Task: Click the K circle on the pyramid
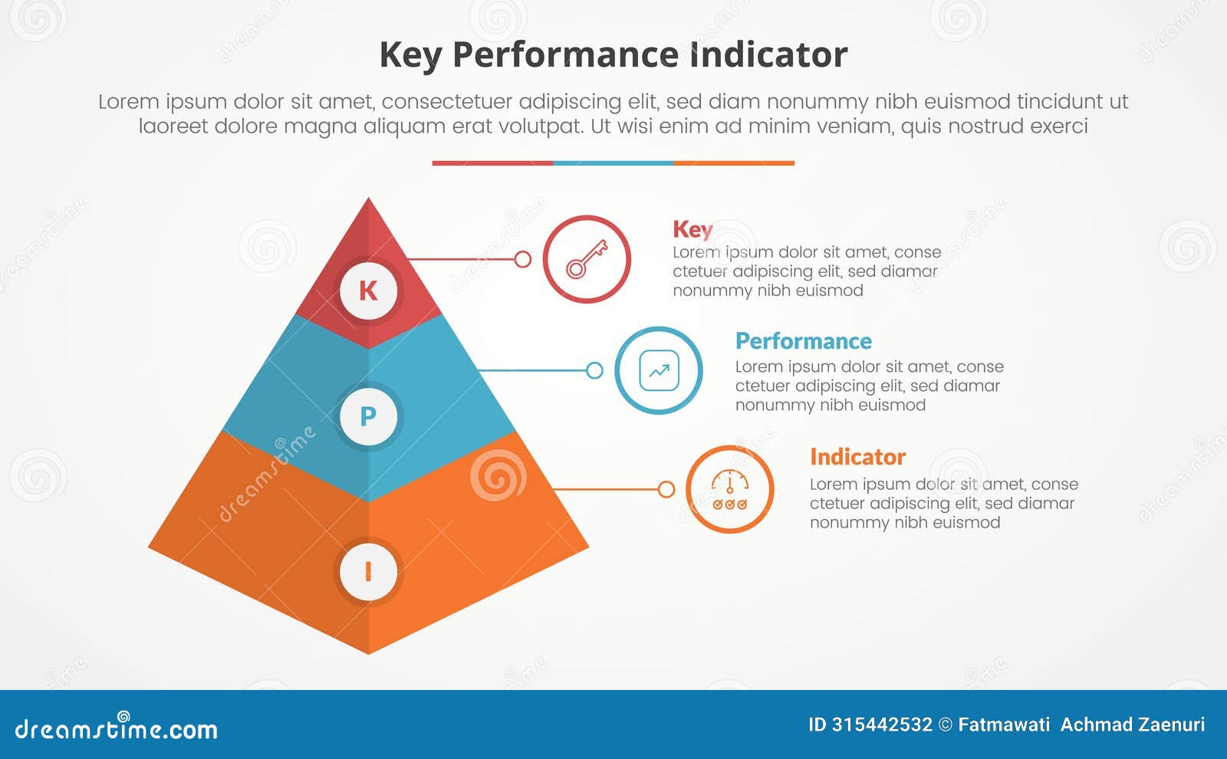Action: pyautogui.click(x=368, y=291)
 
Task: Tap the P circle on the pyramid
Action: pyautogui.click(x=368, y=416)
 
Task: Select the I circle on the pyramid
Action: pyautogui.click(x=368, y=572)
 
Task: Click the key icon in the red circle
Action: pyautogui.click(x=587, y=259)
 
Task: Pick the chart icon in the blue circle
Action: pyautogui.click(x=659, y=371)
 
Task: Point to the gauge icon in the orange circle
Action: pyautogui.click(x=729, y=490)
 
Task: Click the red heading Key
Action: pyautogui.click(x=692, y=229)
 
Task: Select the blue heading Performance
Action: pyautogui.click(x=803, y=341)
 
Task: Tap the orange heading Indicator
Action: pyautogui.click(x=857, y=457)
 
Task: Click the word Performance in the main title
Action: pyautogui.click(x=564, y=55)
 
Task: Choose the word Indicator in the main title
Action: pyautogui.click(x=768, y=55)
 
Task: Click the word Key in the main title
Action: pyautogui.click(x=410, y=55)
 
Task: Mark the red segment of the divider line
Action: pyautogui.click(x=492, y=163)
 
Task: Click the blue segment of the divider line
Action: pyautogui.click(x=613, y=163)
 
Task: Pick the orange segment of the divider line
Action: pyautogui.click(x=734, y=163)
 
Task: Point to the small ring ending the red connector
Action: pyautogui.click(x=523, y=259)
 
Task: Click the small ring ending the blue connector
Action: pyautogui.click(x=594, y=371)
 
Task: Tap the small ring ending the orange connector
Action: pyautogui.click(x=666, y=489)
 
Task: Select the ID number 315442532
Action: pyautogui.click(x=882, y=724)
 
